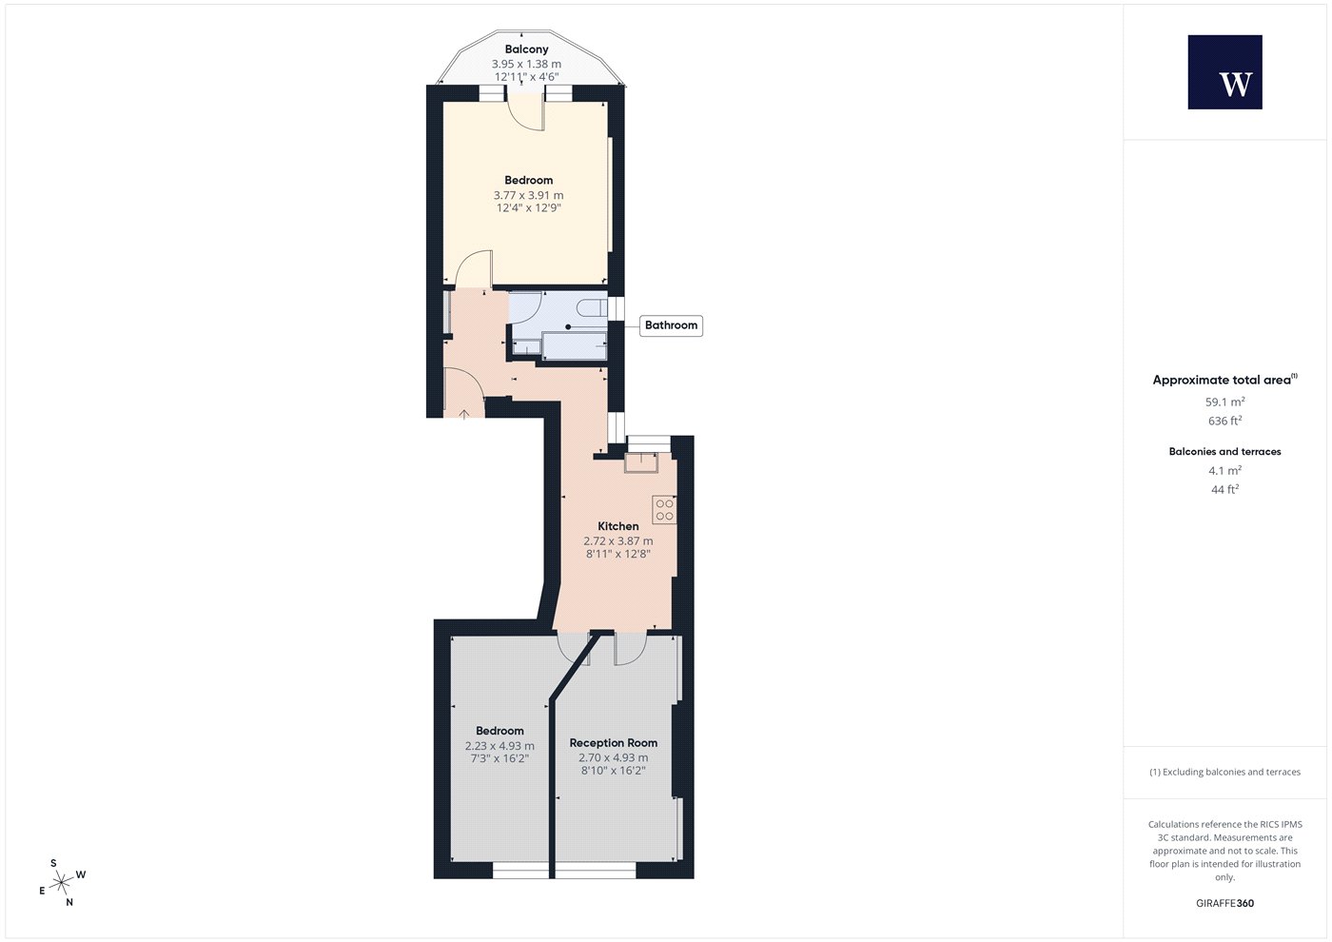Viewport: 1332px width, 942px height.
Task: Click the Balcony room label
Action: coord(527,49)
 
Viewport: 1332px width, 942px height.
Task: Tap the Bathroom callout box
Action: coord(671,325)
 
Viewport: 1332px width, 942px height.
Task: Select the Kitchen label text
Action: coord(617,526)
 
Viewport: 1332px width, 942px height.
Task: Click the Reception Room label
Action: coord(613,743)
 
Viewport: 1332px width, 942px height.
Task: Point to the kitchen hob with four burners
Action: coord(664,510)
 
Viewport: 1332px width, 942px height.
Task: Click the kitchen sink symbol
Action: coord(641,462)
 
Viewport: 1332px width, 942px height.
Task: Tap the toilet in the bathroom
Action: coord(592,307)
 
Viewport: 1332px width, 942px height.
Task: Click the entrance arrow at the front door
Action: coord(464,413)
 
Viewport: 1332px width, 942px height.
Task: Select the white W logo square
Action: coord(1225,72)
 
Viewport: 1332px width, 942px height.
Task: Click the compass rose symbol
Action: coord(61,883)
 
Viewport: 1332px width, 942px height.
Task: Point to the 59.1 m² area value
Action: coord(1225,402)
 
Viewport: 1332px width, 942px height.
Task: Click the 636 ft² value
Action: coord(1225,421)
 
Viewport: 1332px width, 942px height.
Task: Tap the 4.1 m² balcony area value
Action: coord(1225,470)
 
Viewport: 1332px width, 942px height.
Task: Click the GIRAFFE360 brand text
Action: coord(1225,903)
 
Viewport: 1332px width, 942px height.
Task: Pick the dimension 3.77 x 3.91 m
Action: coord(528,195)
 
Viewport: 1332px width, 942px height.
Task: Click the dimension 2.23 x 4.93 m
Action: coord(499,746)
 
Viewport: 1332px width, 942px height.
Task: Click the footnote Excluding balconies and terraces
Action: coord(1225,772)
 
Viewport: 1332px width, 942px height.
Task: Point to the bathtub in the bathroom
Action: coord(575,346)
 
